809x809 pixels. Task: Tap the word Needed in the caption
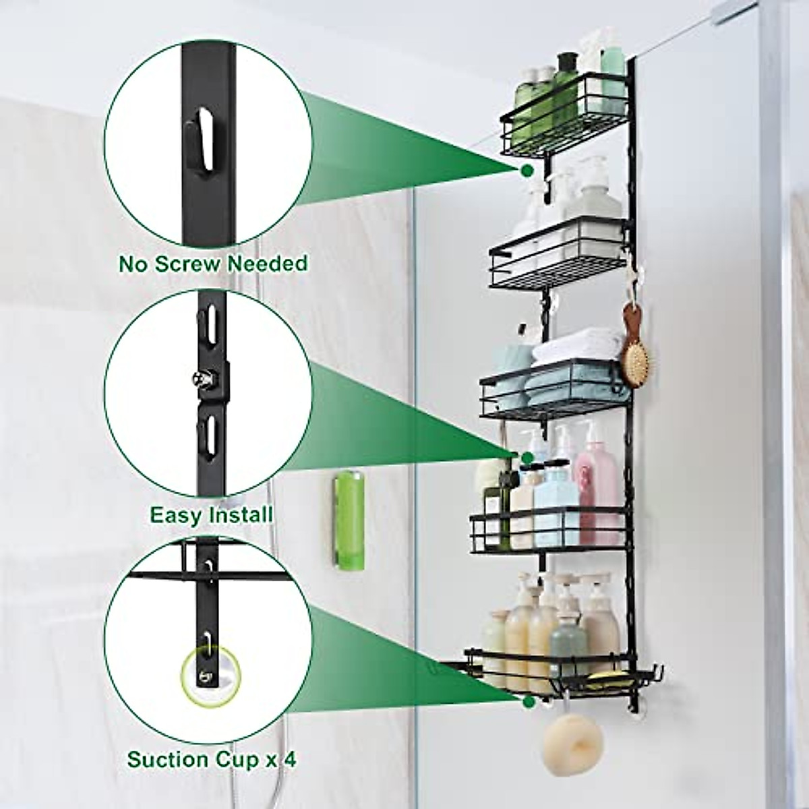coord(267,263)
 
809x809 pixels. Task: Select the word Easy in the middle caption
coord(175,516)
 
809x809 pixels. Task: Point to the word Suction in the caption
coord(168,760)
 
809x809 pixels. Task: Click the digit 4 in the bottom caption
coord(289,760)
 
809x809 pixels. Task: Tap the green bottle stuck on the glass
coord(347,512)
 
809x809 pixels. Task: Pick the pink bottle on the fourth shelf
coord(597,485)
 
